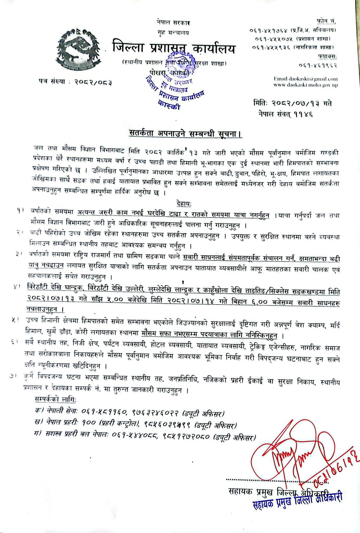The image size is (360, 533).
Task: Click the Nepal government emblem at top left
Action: (79, 49)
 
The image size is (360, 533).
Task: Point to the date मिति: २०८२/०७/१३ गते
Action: (292, 104)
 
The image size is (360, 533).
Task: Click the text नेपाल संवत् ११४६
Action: (286, 114)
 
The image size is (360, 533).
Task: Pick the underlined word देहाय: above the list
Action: (184, 204)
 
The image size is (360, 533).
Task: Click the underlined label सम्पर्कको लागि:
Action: (55, 399)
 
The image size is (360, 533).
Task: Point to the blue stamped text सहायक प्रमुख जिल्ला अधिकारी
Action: (298, 501)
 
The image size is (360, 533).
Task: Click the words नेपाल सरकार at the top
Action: (173, 23)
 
